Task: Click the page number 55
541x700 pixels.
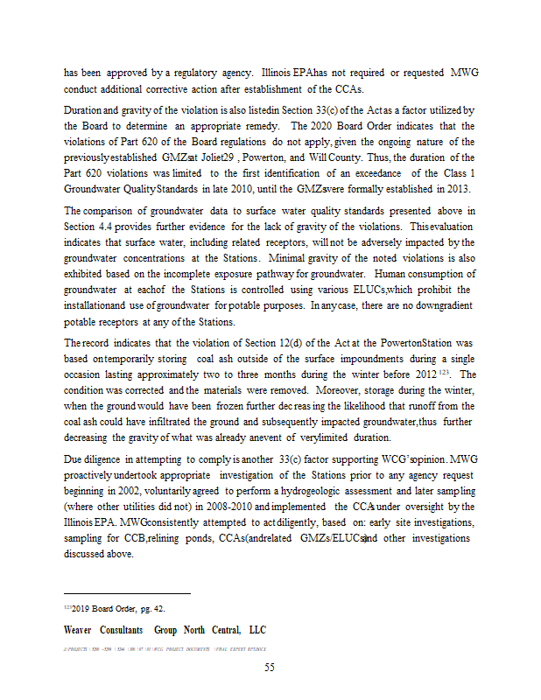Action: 270,668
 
